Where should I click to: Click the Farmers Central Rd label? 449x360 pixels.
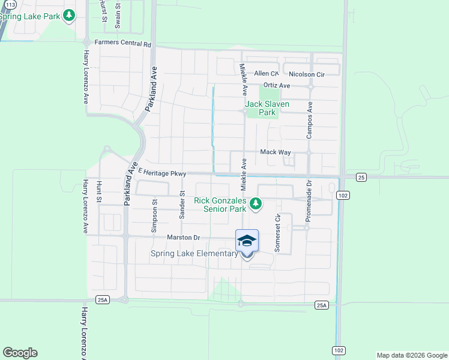coord(123,44)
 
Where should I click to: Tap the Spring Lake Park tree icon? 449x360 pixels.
coord(69,15)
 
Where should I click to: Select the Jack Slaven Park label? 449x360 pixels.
coord(268,108)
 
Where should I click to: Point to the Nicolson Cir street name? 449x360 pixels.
coord(306,74)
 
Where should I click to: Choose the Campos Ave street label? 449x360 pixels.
coord(310,120)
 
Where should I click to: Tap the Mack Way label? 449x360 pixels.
coord(276,152)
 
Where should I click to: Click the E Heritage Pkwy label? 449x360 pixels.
coord(163,173)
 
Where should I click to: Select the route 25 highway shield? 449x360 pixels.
coord(361,177)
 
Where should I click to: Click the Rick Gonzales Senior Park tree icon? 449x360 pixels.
coord(256,204)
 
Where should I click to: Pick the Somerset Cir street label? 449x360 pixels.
coord(277,233)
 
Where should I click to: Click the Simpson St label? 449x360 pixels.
coord(154,216)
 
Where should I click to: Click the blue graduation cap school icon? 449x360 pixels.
coord(247,241)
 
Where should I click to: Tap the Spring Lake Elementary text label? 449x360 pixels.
coord(194,254)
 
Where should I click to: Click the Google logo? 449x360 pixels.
coord(20,353)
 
